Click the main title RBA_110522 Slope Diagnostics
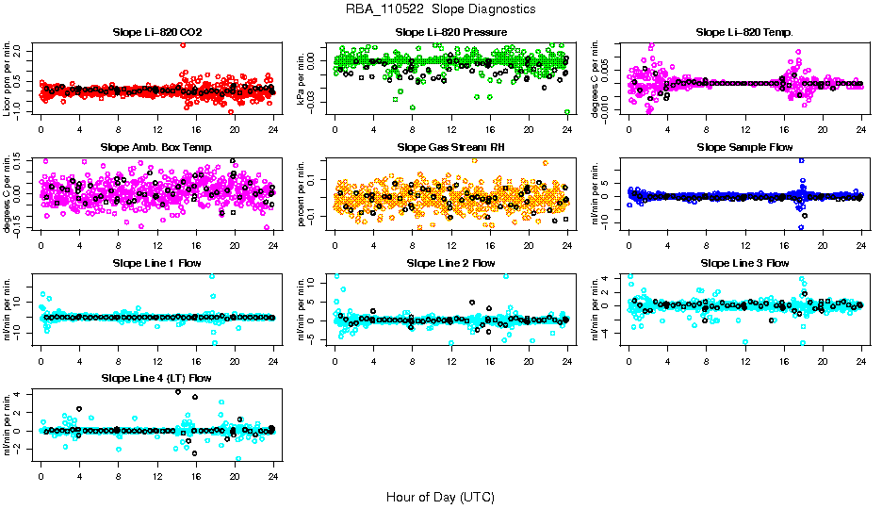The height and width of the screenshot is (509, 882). [441, 8]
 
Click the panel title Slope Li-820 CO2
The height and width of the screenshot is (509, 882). [156, 32]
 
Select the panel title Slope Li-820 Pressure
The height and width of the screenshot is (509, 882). [450, 32]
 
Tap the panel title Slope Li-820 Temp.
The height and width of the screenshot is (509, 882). [744, 32]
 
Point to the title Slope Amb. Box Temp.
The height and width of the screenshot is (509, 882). [156, 147]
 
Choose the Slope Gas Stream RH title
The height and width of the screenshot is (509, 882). [450, 147]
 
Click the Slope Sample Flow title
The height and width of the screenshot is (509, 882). [744, 147]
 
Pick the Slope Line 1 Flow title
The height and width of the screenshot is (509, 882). [156, 263]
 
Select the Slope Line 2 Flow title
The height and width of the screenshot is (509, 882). [450, 263]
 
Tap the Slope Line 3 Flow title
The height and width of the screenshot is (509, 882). [744, 263]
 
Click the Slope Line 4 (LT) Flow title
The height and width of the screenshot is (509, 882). [156, 378]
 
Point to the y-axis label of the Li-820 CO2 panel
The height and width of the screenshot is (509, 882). [8, 78]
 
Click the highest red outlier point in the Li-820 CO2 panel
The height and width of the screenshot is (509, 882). [183, 44]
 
